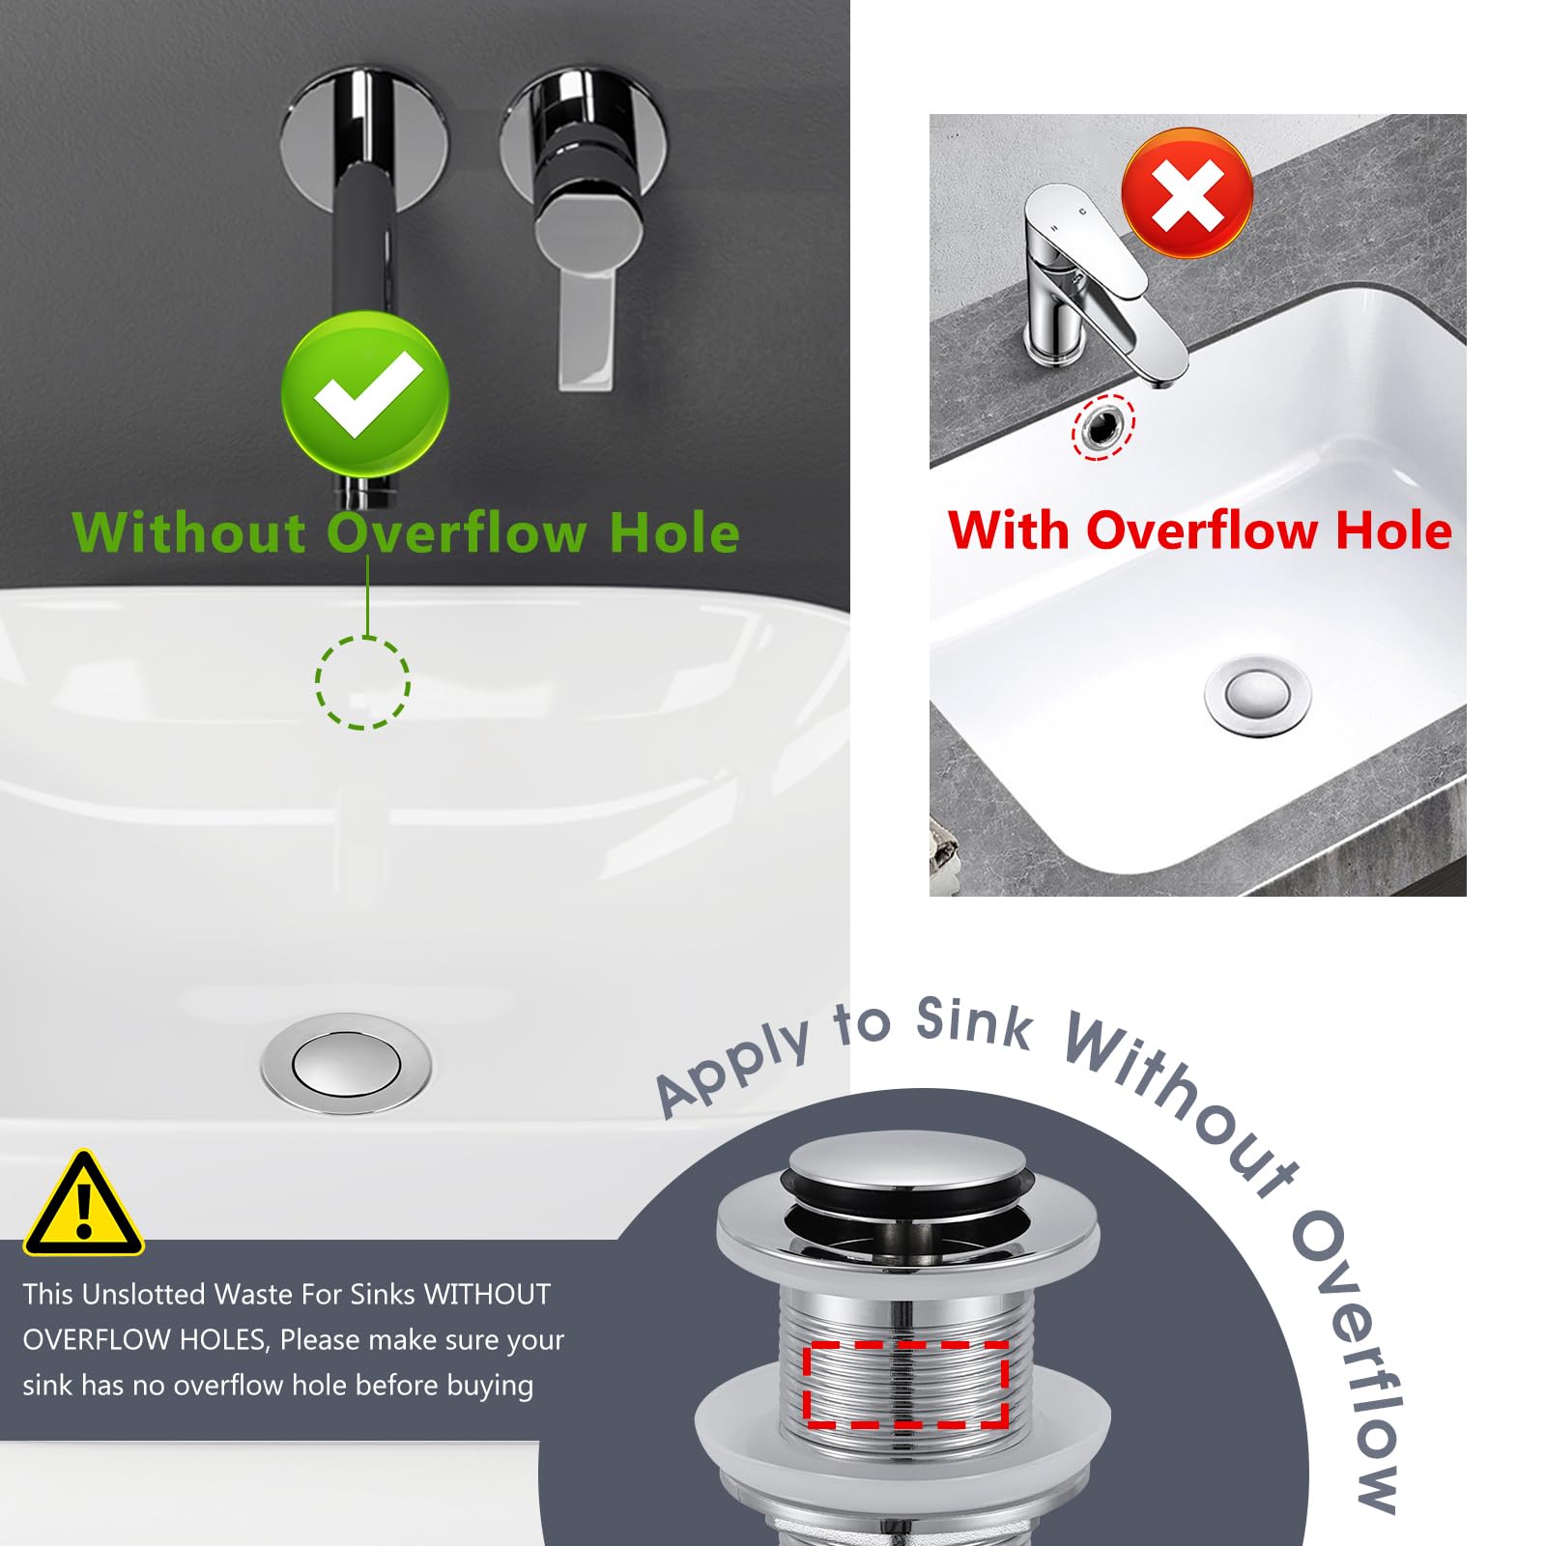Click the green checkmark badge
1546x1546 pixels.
click(x=365, y=393)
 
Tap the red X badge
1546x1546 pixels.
click(x=1188, y=193)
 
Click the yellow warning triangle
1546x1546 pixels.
click(x=84, y=1204)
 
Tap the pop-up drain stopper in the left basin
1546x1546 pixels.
click(x=346, y=1064)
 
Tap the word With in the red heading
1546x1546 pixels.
click(x=1009, y=530)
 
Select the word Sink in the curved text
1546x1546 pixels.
click(x=974, y=1023)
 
